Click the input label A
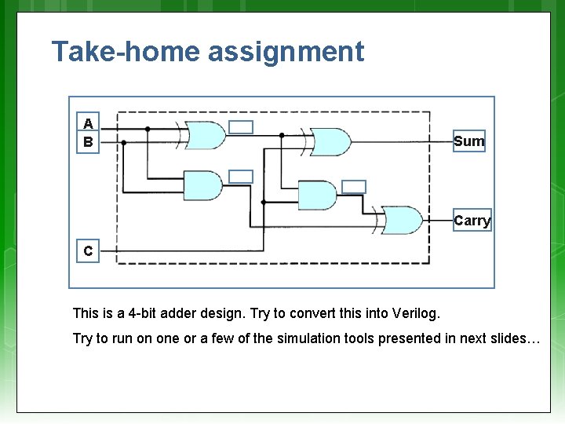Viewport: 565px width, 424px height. [88, 123]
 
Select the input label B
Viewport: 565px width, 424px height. [88, 142]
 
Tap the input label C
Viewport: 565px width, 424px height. [88, 251]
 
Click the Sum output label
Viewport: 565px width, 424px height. [469, 141]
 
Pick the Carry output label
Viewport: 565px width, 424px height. [472, 221]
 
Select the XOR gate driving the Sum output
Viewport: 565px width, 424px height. [330, 141]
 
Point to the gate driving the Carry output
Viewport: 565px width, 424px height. [400, 221]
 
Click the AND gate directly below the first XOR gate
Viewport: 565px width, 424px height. [202, 185]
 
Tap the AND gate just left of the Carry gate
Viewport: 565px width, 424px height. [317, 196]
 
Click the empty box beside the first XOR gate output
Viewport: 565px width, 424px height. [242, 127]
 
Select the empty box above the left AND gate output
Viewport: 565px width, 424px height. [241, 177]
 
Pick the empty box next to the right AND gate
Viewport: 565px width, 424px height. [355, 187]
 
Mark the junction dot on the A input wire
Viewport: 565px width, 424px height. [147, 128]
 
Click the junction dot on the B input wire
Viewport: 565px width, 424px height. [123, 142]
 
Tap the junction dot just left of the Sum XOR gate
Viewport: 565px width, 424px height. [282, 135]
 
